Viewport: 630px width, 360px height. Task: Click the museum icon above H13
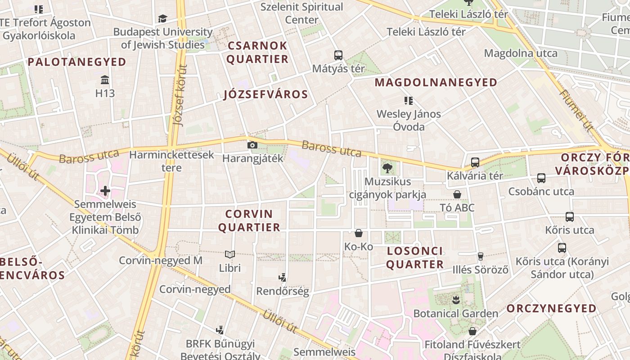[105, 80]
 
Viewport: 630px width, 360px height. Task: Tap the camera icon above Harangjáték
[252, 145]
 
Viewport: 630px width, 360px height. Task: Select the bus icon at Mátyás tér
[338, 55]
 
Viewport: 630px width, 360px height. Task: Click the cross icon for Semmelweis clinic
[105, 191]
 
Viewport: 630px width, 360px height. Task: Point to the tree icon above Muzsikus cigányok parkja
[387, 169]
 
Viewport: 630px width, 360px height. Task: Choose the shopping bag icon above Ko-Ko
[359, 233]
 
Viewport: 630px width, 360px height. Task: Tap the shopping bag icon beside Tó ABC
[457, 194]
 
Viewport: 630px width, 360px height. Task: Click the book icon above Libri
[230, 255]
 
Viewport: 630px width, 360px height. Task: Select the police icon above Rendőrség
[283, 278]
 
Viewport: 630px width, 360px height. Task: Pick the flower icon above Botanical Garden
[456, 299]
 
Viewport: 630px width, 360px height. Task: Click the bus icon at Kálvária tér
[475, 162]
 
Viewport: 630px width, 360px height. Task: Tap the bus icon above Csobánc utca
[541, 178]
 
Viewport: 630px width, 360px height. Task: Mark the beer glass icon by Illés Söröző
[481, 256]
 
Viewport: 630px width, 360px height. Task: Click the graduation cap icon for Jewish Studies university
[162, 18]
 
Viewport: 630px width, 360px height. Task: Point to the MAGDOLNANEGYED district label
[436, 82]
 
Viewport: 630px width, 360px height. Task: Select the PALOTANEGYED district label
[77, 62]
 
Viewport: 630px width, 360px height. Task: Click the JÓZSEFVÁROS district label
[265, 94]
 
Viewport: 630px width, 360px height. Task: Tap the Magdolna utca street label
[521, 53]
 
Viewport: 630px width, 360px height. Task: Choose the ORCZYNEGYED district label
[552, 308]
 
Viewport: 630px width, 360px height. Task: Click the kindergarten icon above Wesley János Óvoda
[409, 100]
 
